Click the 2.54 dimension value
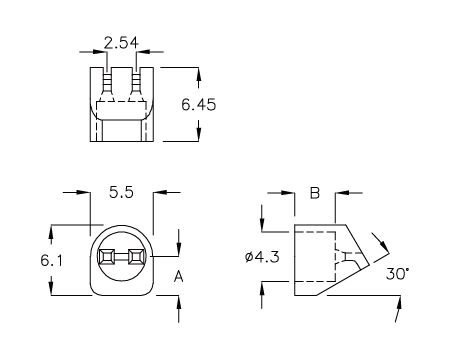(121, 43)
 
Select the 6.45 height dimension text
(199, 105)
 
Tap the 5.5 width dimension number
(121, 192)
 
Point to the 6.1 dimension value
(51, 260)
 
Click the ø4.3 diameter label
(262, 257)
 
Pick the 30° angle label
(397, 274)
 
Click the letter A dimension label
(179, 277)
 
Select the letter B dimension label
(315, 193)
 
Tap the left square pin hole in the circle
(107, 257)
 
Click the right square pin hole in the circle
(136, 257)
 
